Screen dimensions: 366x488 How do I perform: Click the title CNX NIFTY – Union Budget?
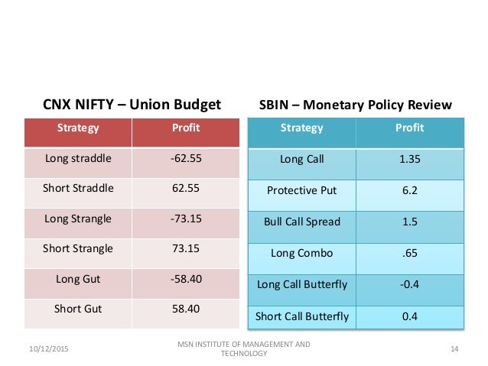131,104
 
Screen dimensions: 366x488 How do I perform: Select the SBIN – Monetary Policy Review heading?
356,104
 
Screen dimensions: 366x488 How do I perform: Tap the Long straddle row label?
78,159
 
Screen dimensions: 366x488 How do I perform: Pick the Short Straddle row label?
78,189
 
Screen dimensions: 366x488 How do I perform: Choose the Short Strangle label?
78,248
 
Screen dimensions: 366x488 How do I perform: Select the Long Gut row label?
78,279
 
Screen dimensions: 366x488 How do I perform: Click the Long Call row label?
302,159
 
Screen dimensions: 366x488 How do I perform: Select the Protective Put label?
302,190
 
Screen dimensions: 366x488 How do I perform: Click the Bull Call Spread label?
302,222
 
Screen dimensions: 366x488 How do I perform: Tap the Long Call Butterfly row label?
302,284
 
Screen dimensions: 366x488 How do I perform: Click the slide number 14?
454,349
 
